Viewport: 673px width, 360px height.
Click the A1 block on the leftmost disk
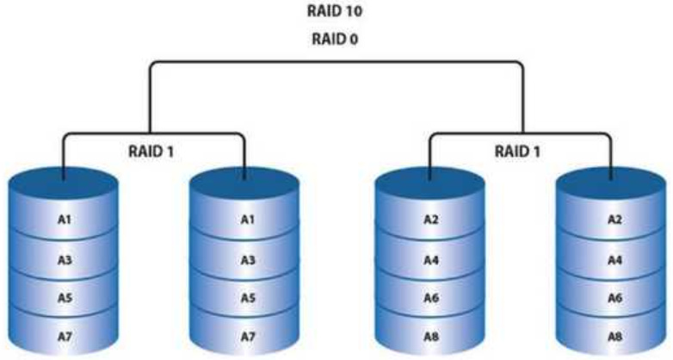click(x=64, y=220)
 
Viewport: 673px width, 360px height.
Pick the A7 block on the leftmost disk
click(x=64, y=334)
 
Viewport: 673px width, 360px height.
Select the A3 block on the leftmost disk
click(x=64, y=258)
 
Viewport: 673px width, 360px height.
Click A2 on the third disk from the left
click(x=431, y=220)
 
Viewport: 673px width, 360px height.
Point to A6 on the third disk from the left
click(x=431, y=296)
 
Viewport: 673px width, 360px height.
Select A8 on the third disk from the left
click(x=431, y=334)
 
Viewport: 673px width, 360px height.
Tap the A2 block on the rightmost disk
click(x=613, y=220)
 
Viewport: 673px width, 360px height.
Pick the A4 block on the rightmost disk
click(x=613, y=258)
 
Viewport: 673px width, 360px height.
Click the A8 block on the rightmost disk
click(x=613, y=334)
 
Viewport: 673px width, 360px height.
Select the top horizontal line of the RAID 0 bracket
click(x=336, y=62)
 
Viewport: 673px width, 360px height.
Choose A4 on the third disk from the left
click(x=431, y=258)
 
